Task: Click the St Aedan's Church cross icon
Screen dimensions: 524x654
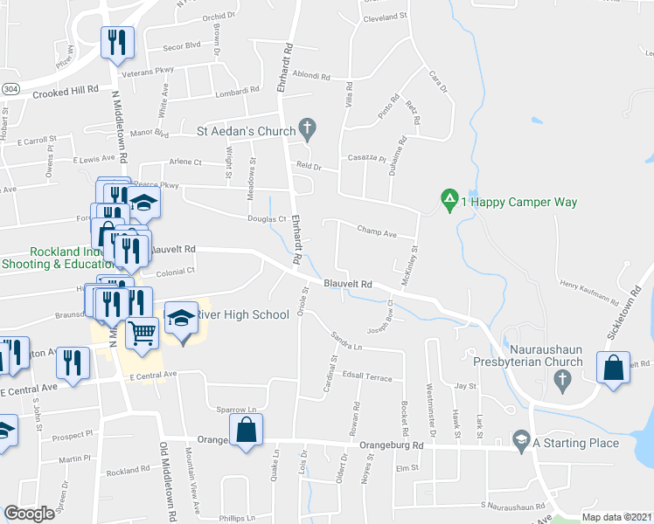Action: [x=307, y=130]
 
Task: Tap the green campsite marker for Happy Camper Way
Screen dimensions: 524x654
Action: [x=449, y=201]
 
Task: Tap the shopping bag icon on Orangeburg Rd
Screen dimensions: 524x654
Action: [x=247, y=428]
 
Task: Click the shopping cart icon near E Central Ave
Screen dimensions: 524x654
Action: [x=142, y=333]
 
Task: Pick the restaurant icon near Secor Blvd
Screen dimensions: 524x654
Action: [x=116, y=41]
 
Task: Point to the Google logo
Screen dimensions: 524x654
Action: [x=29, y=514]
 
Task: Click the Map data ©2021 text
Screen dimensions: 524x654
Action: [x=616, y=517]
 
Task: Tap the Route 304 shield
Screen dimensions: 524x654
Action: [x=9, y=89]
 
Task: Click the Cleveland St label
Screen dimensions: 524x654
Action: [x=386, y=17]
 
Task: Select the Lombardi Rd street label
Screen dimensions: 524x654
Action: [x=240, y=90]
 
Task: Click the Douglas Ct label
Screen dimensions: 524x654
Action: [x=267, y=219]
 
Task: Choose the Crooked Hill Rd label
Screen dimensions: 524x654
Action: [x=66, y=90]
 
